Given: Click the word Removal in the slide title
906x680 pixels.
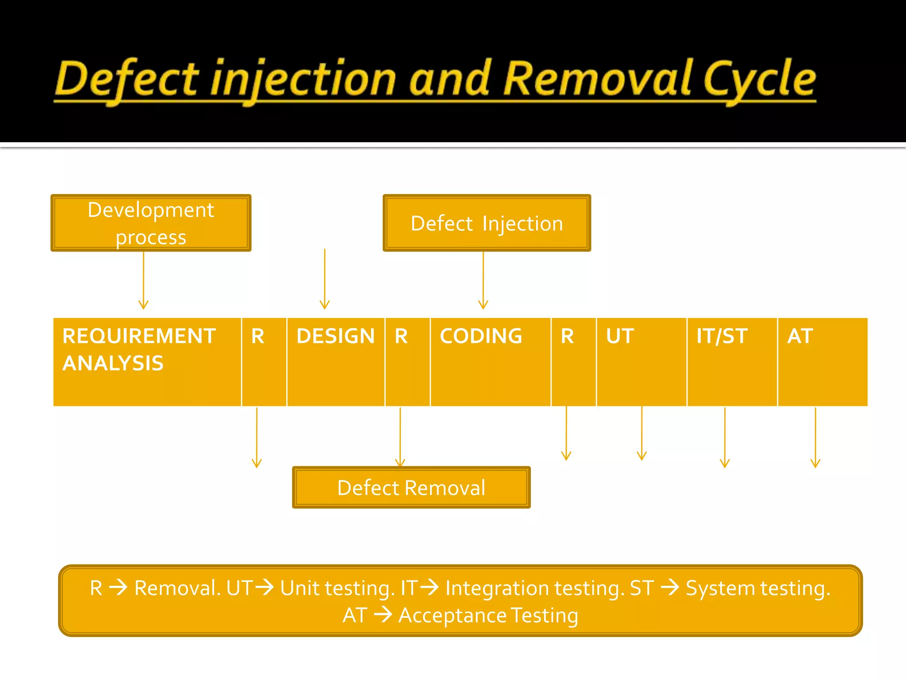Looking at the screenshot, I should coord(597,79).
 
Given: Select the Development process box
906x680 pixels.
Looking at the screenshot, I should coord(151,223).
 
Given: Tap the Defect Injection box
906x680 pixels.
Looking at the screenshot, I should coord(487,223).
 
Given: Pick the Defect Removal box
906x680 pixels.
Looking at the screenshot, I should coord(411,487).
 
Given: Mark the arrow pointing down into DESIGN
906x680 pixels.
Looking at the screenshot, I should coord(325,279).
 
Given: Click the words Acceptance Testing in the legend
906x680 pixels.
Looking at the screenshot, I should coord(488,615).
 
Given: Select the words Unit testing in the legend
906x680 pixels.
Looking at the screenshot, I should coord(336,588).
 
